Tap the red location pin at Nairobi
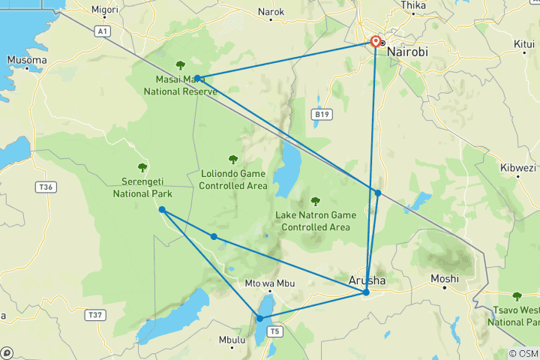[375, 42]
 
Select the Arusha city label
[368, 280]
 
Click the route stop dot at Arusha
[366, 292]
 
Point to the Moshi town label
[445, 279]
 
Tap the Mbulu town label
[232, 340]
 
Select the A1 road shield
[103, 31]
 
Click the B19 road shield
[321, 114]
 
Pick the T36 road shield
[46, 186]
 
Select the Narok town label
[271, 12]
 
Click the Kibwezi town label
[516, 168]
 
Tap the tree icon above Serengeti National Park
[142, 167]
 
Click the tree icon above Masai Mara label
[180, 65]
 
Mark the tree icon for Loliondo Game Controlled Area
[233, 159]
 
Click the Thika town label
[413, 5]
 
